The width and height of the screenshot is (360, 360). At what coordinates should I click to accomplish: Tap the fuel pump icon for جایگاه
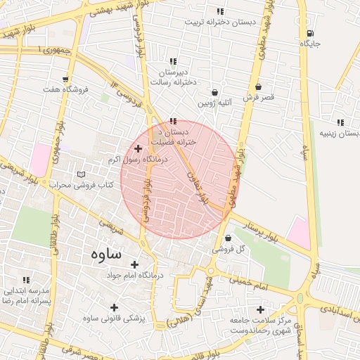[310, 32]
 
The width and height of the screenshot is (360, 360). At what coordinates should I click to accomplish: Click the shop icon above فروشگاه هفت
[65, 79]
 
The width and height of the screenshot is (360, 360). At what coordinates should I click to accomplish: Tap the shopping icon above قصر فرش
[259, 87]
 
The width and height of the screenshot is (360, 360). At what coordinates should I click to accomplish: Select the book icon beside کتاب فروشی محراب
[82, 174]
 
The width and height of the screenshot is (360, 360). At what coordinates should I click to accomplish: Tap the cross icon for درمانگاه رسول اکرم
[138, 148]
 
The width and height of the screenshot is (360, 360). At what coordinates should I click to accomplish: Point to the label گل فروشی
[231, 249]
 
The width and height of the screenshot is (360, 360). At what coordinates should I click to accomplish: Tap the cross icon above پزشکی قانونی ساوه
[114, 307]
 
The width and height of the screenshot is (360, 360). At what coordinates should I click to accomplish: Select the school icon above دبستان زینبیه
[340, 122]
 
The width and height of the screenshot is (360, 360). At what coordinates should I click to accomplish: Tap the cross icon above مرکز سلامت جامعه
[260, 309]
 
